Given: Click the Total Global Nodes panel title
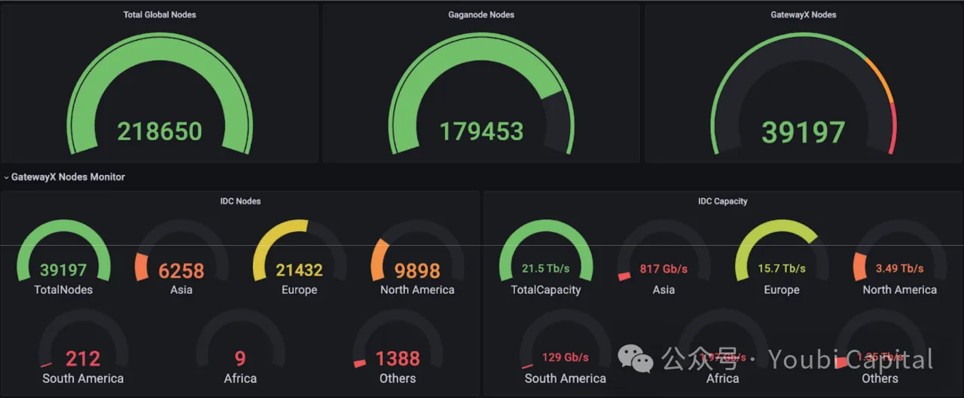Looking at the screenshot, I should [x=160, y=14].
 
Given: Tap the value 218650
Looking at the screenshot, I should [x=160, y=131].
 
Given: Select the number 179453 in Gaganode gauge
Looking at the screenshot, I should [x=481, y=131].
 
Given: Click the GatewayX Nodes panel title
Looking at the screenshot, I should [x=804, y=14].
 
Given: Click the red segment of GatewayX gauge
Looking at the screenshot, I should [x=893, y=128].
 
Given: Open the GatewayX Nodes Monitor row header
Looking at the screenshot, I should [x=68, y=177].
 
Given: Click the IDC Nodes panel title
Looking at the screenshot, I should [x=240, y=201].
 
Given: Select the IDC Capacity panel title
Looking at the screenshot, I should [x=722, y=201].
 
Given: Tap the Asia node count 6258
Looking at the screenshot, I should [x=181, y=271].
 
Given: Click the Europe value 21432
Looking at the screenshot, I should [x=299, y=270].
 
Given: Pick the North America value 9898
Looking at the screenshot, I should [x=417, y=270].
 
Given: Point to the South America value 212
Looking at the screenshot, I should [x=83, y=359].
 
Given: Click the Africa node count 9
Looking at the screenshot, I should [x=240, y=359].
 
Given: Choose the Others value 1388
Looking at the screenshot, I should [x=397, y=359].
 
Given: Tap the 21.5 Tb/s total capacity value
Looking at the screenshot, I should [x=546, y=268].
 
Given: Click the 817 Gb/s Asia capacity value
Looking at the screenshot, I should [x=664, y=268].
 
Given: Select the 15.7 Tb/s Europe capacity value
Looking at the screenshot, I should [x=782, y=268].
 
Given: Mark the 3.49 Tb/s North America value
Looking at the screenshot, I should [x=899, y=268].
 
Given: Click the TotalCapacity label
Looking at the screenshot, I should [x=546, y=289].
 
